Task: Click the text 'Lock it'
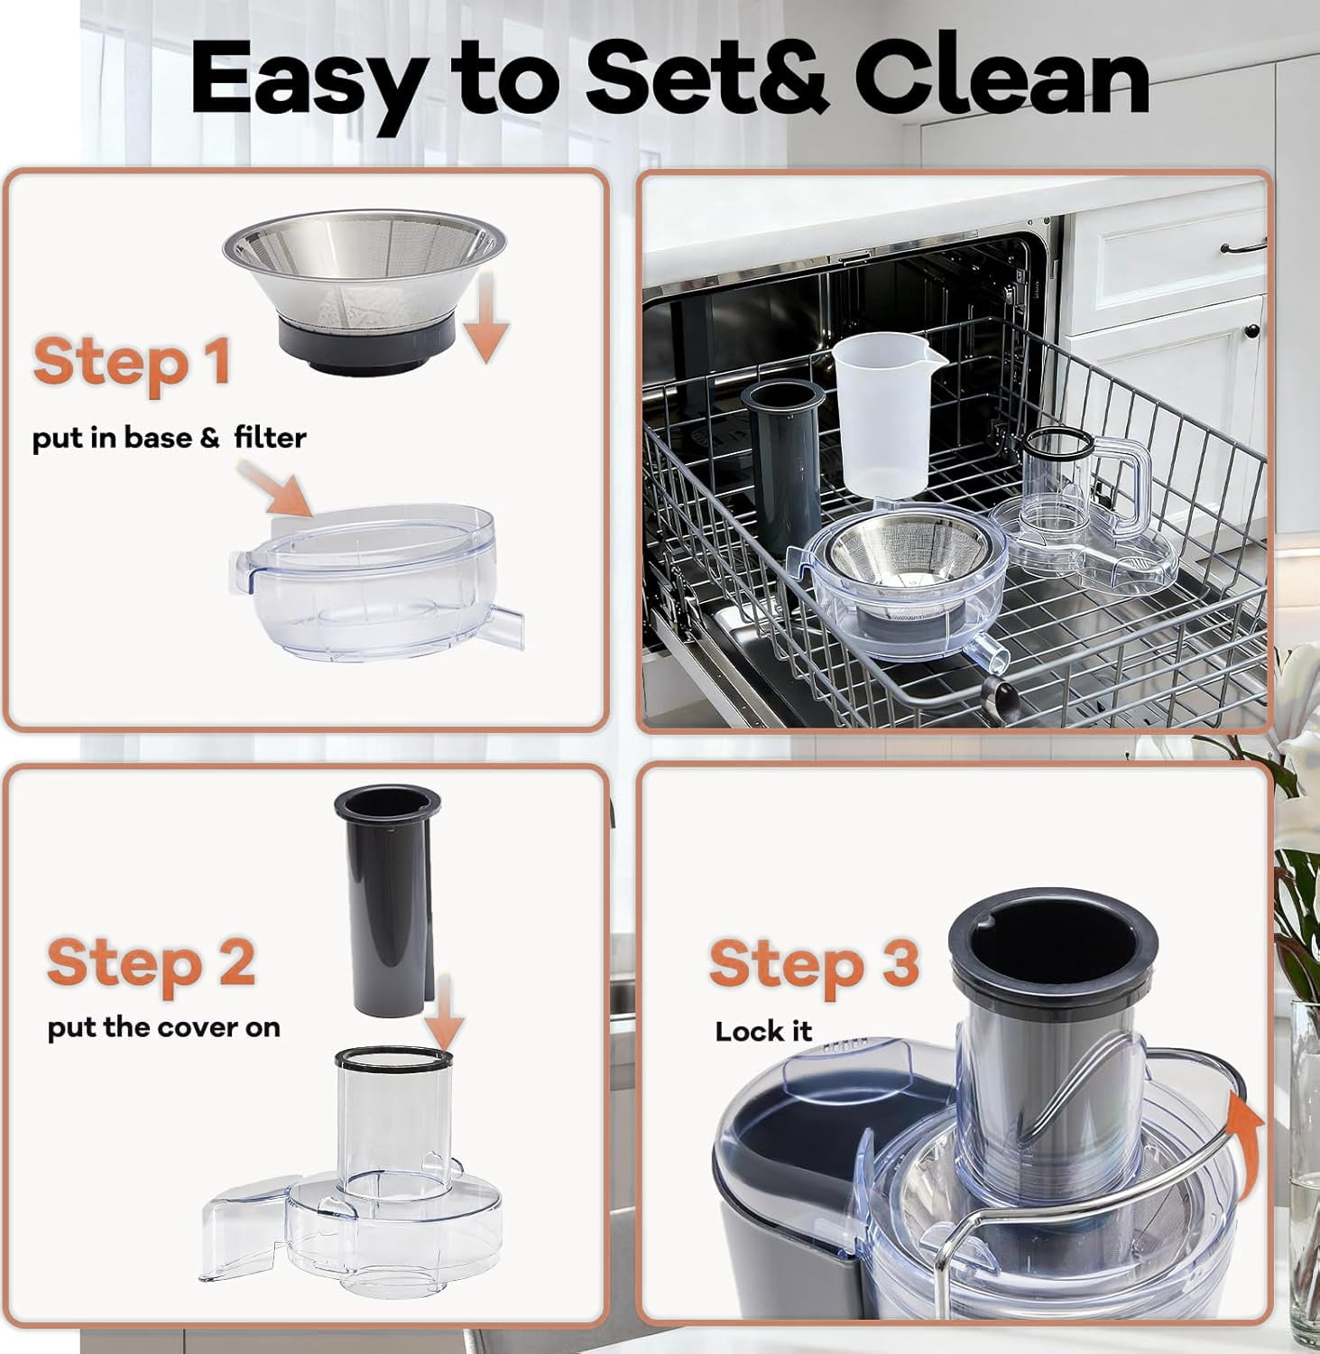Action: tap(763, 1031)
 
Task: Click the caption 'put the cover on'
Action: tap(164, 1027)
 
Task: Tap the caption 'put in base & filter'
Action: tap(170, 439)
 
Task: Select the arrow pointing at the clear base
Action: tap(275, 487)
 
